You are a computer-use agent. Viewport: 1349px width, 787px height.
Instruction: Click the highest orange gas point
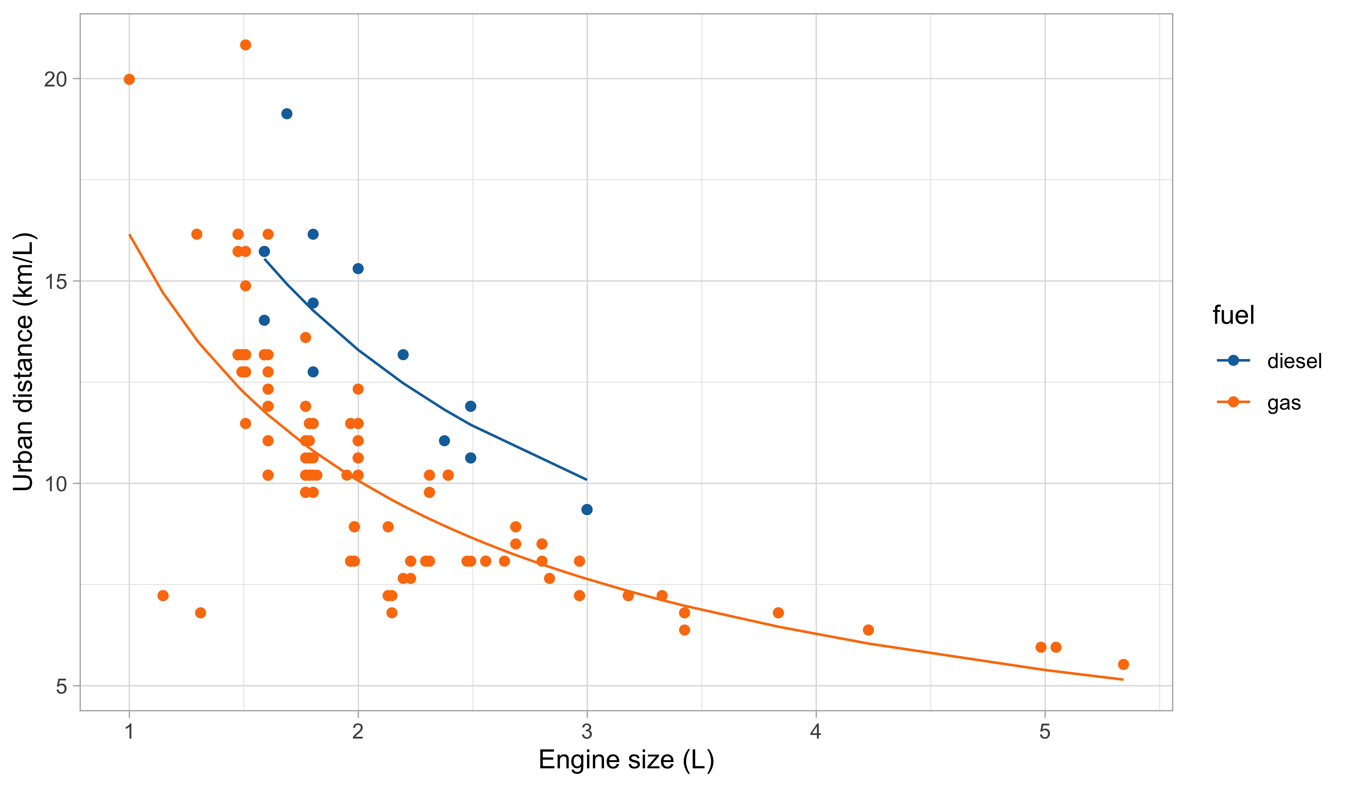pos(245,45)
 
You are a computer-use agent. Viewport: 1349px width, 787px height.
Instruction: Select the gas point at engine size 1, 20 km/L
pos(129,79)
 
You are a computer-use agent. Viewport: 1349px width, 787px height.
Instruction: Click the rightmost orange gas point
pos(1123,665)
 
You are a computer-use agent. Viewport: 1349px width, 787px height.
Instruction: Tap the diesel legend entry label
pos(1294,362)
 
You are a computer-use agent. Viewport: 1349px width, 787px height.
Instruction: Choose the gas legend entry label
pos(1284,403)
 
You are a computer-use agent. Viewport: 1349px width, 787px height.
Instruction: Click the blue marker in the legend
pos(1233,360)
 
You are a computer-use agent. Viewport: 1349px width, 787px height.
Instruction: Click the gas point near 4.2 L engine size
pos(868,630)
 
